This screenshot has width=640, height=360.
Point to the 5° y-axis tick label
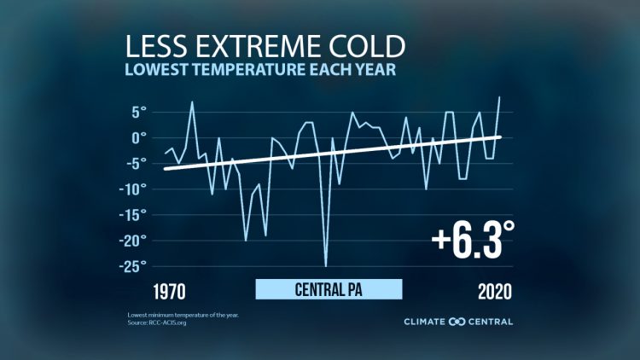[137, 111]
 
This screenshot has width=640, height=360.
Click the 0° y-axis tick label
[137, 136]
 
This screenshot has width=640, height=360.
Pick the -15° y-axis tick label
[132, 214]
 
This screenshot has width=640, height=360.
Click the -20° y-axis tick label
[132, 241]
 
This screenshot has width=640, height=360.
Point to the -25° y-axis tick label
[132, 266]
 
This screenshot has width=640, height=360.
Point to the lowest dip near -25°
[325, 266]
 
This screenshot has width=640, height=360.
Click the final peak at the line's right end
[499, 97]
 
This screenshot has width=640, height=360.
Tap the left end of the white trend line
[166, 169]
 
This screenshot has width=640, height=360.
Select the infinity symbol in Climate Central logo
[456, 322]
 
